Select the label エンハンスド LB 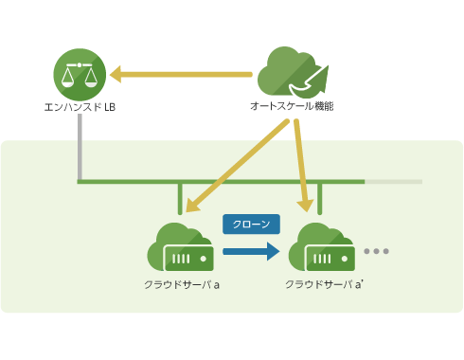tap(80, 106)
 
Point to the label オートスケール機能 tap(291, 106)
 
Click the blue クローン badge tap(251, 224)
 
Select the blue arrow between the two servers tap(251, 252)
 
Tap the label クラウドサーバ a tap(182, 284)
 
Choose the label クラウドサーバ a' tap(322, 284)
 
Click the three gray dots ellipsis tap(376, 251)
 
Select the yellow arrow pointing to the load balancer tap(180, 73)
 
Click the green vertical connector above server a tap(179, 197)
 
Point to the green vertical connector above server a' tap(320, 197)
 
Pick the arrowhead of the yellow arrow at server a tap(190, 206)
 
